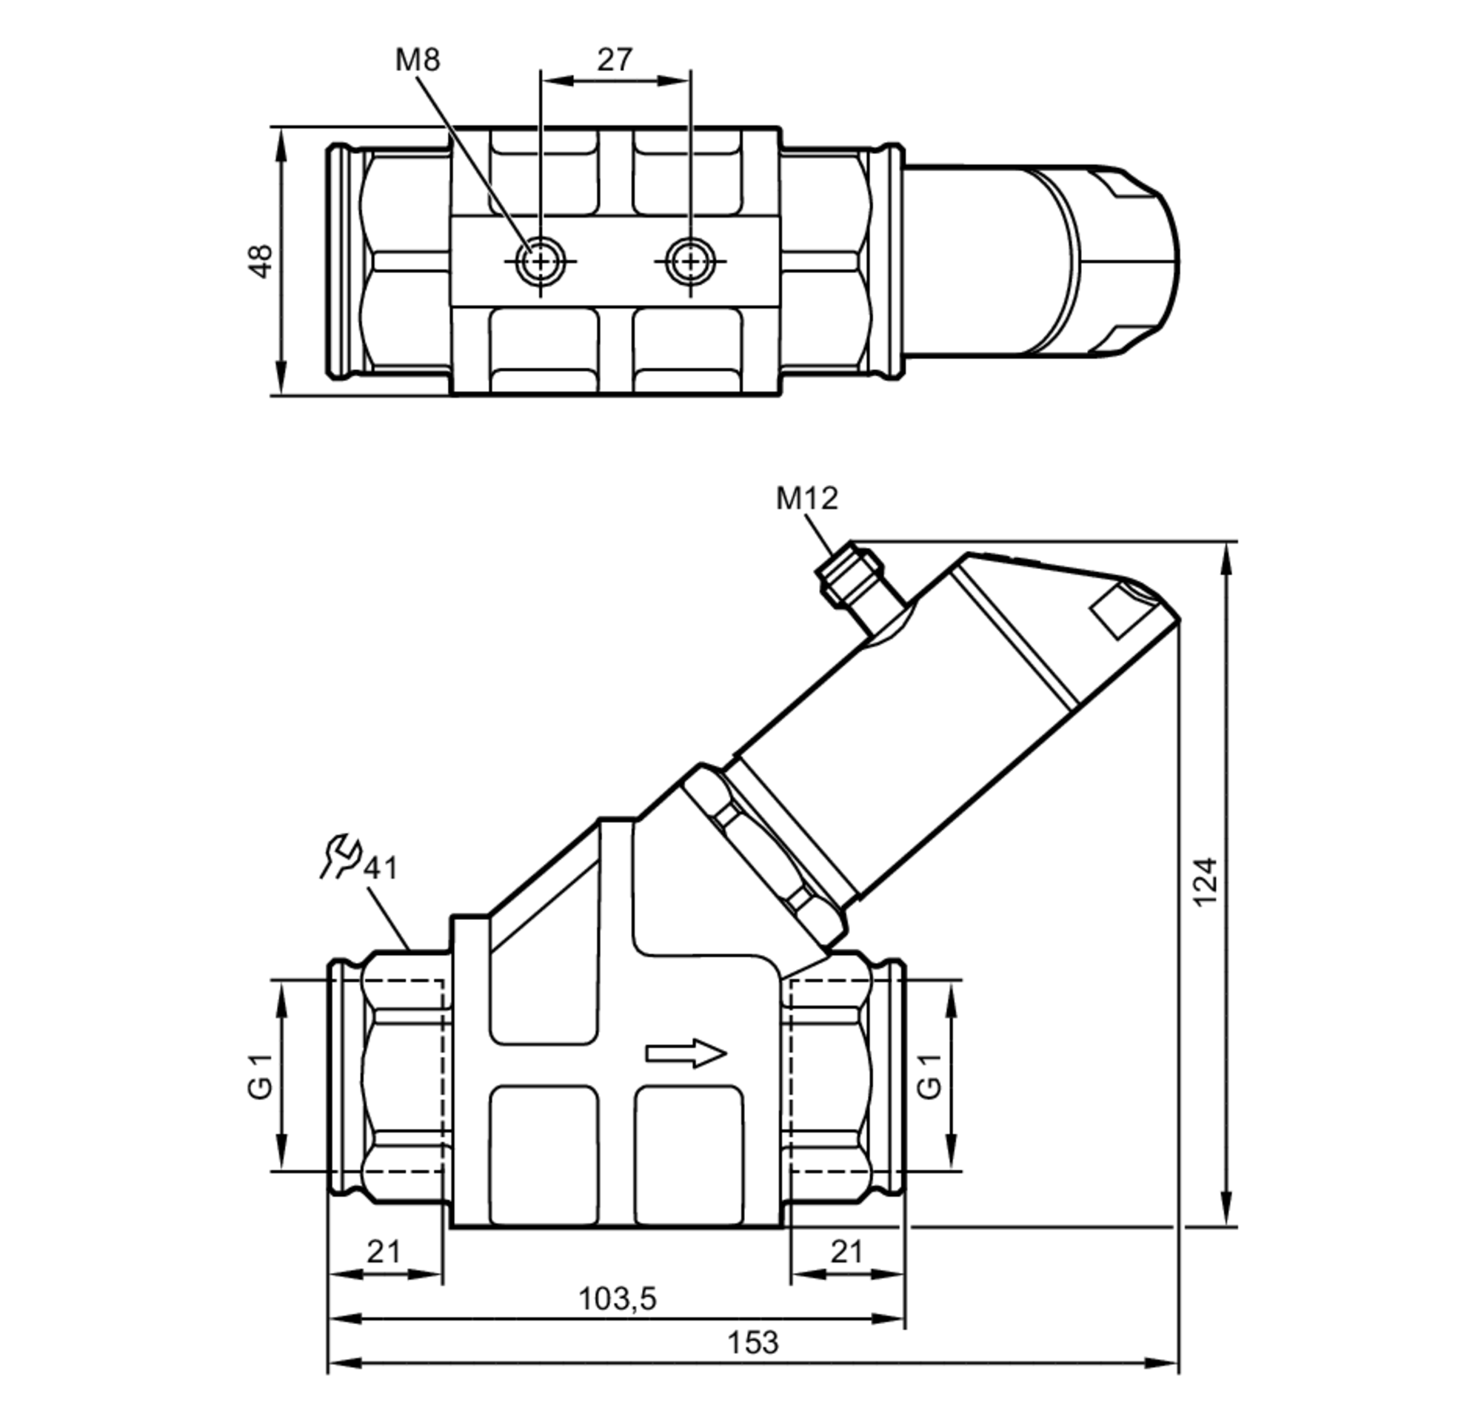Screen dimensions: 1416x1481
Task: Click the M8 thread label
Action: [417, 60]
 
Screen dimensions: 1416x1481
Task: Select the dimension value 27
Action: [614, 60]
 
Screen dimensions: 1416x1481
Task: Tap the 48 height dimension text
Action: [261, 261]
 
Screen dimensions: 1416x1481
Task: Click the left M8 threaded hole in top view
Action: [540, 261]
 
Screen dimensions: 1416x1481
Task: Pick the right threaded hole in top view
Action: [690, 261]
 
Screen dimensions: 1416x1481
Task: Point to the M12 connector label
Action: [806, 498]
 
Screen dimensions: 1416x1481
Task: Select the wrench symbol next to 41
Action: [339, 855]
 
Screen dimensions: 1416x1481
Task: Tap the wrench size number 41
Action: [381, 868]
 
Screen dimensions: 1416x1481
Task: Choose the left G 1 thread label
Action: [259, 1077]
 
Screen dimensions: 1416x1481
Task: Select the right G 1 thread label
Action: [929, 1077]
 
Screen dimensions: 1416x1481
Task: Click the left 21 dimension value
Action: [384, 1252]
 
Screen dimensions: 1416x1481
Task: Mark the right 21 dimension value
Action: [846, 1252]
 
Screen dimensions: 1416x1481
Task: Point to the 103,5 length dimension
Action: [617, 1298]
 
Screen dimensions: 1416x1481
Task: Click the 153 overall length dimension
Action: [752, 1343]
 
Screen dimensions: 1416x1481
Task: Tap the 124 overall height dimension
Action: [1206, 882]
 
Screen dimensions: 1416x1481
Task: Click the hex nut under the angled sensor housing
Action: [763, 856]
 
